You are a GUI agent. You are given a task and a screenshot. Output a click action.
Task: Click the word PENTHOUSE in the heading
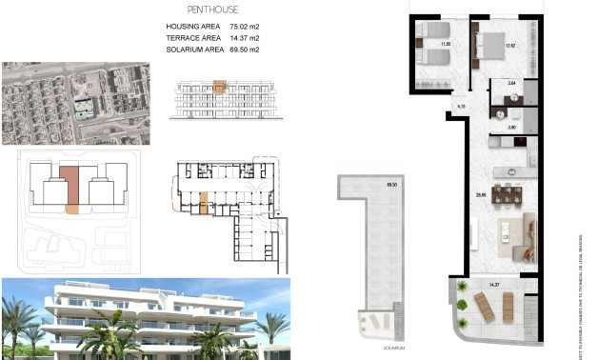199,9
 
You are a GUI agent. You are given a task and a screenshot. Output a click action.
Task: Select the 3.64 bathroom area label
511,85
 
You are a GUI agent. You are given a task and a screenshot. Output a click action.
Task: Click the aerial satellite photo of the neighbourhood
75,103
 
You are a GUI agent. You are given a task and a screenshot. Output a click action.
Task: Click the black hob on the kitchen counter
519,143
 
